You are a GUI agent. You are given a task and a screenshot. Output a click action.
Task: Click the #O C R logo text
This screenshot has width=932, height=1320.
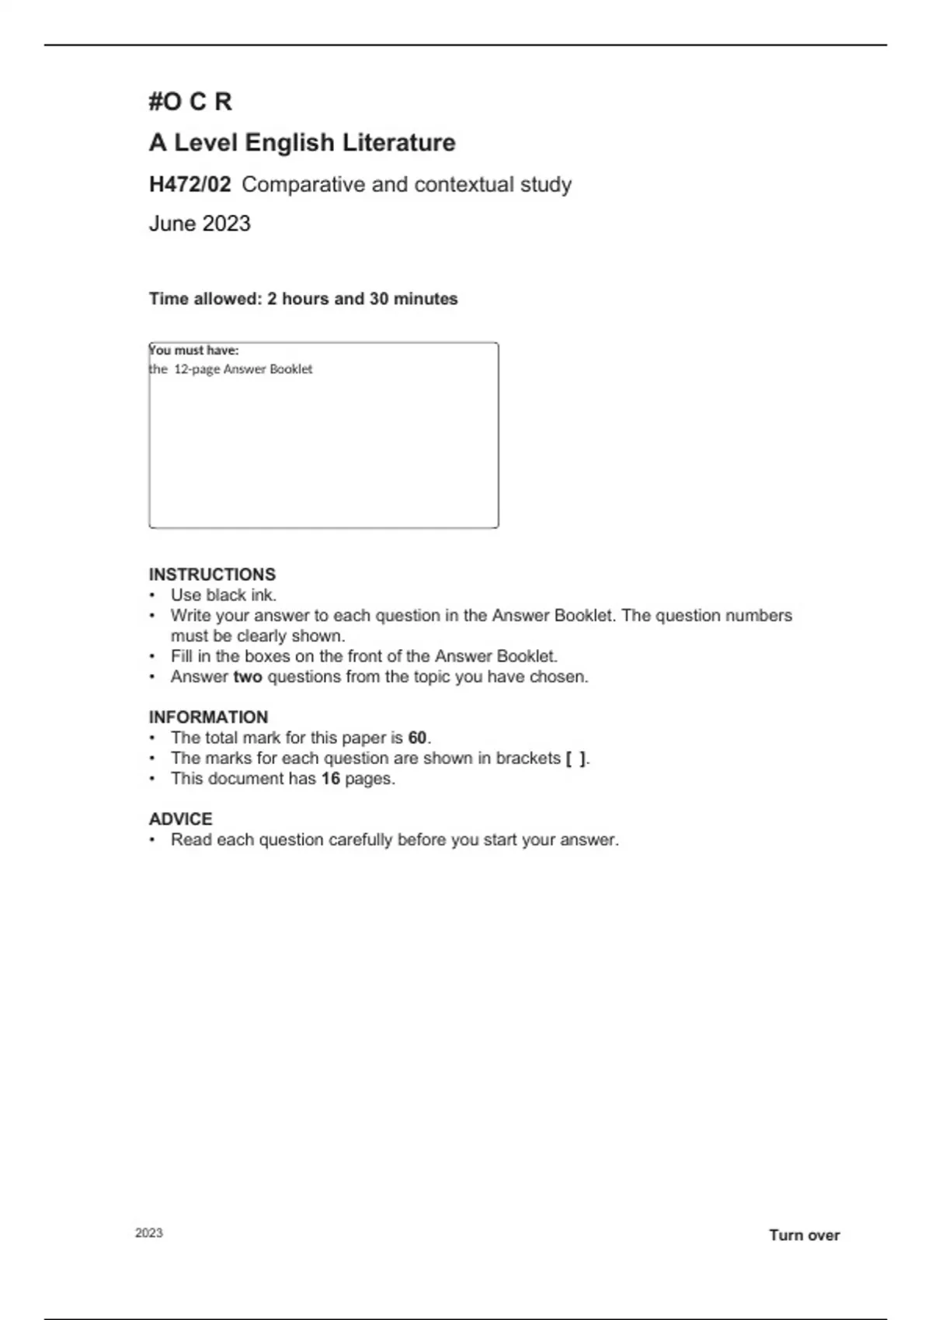tap(190, 102)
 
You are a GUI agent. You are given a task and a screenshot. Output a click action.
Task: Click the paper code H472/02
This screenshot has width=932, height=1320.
tap(190, 185)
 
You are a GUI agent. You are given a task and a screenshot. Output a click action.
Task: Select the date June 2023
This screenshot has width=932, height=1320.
tap(200, 224)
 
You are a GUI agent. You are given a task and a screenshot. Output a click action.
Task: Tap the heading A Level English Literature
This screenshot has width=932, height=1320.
tap(302, 143)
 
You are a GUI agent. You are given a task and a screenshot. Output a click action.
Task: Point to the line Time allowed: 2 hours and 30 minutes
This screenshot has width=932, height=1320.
tap(303, 299)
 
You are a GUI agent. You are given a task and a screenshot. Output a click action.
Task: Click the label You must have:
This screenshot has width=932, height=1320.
tap(194, 350)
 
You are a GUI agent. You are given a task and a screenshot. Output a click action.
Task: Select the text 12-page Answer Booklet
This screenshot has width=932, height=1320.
tap(243, 370)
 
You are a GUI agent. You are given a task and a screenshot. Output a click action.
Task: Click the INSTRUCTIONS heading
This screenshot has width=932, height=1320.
tap(212, 575)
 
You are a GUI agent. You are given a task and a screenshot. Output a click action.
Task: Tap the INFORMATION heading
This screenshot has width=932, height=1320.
tap(208, 717)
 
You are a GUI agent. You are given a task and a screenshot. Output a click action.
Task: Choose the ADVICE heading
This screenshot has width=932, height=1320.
tap(180, 819)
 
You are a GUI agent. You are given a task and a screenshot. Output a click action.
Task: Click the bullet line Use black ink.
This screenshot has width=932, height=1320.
tap(224, 596)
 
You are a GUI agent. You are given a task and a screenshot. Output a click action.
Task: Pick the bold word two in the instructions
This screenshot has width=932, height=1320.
tap(248, 677)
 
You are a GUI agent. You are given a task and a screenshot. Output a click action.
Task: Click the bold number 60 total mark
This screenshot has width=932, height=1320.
tap(418, 738)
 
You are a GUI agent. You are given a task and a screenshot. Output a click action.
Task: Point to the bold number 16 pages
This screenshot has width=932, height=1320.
tap(331, 779)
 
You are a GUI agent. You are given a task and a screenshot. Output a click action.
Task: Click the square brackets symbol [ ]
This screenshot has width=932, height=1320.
tap(576, 759)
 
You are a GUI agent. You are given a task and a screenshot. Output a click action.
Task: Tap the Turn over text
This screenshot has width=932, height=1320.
tap(804, 1235)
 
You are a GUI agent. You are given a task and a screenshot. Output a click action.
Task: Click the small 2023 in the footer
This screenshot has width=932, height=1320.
tap(149, 1233)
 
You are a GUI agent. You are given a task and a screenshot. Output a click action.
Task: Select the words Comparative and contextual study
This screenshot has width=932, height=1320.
tap(407, 185)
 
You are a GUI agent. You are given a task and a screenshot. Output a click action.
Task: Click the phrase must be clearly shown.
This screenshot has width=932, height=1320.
tap(258, 636)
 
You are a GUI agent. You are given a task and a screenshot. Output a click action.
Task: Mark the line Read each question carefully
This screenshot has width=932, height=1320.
tap(395, 840)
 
